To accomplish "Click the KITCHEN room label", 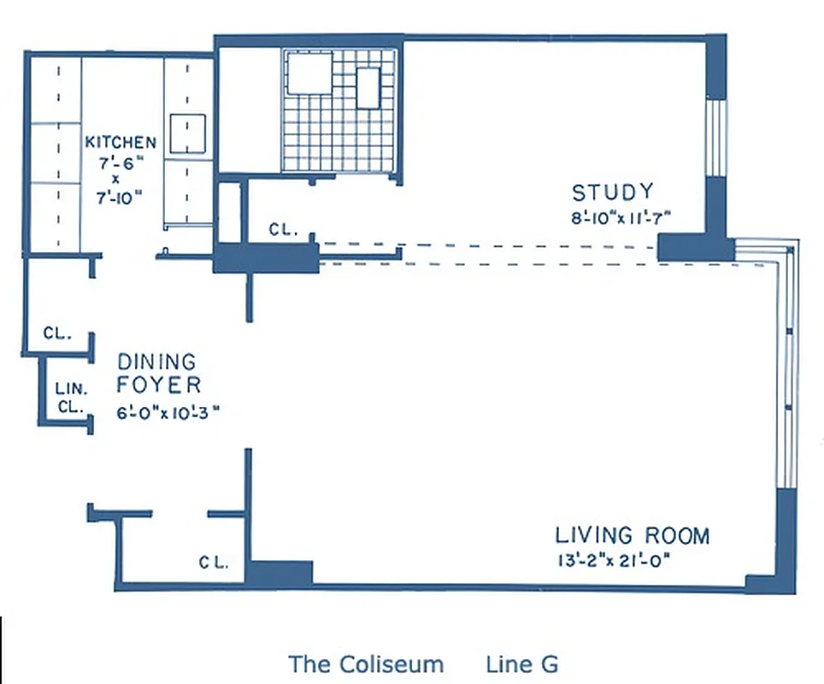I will [121, 142].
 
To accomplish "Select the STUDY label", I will [612, 192].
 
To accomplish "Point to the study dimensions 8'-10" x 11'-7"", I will [621, 217].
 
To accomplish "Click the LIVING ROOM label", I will [633, 536].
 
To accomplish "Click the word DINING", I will [156, 363].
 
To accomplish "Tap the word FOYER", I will [159, 385].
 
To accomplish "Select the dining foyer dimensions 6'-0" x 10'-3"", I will [169, 410].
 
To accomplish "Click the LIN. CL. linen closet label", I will [68, 398].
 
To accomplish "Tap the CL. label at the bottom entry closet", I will [213, 562].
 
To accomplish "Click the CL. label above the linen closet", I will [57, 333].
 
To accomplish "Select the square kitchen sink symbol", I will [187, 133].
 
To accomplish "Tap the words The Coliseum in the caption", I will [366, 664].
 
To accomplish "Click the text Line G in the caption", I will [521, 664].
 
